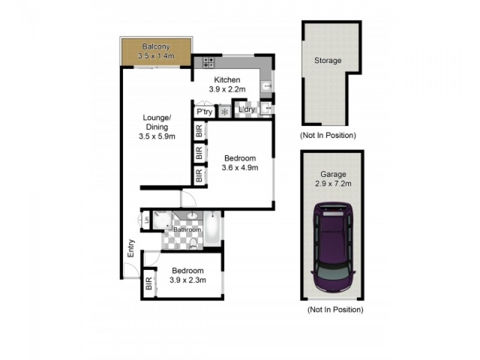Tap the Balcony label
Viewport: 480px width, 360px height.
[x=156, y=47]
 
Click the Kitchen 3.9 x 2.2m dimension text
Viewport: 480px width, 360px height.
[x=224, y=89]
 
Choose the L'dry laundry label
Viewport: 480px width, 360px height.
[x=247, y=110]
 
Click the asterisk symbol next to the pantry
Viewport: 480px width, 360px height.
[x=225, y=112]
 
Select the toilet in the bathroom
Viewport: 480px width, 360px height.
[x=193, y=243]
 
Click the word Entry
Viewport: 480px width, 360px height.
[x=131, y=249]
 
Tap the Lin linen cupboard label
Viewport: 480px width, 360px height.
[x=146, y=220]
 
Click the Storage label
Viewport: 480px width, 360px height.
[x=328, y=61]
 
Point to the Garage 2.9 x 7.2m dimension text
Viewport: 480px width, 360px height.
[x=332, y=183]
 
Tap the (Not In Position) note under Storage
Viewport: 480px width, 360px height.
[x=328, y=135]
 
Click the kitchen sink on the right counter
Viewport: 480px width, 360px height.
[x=266, y=88]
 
